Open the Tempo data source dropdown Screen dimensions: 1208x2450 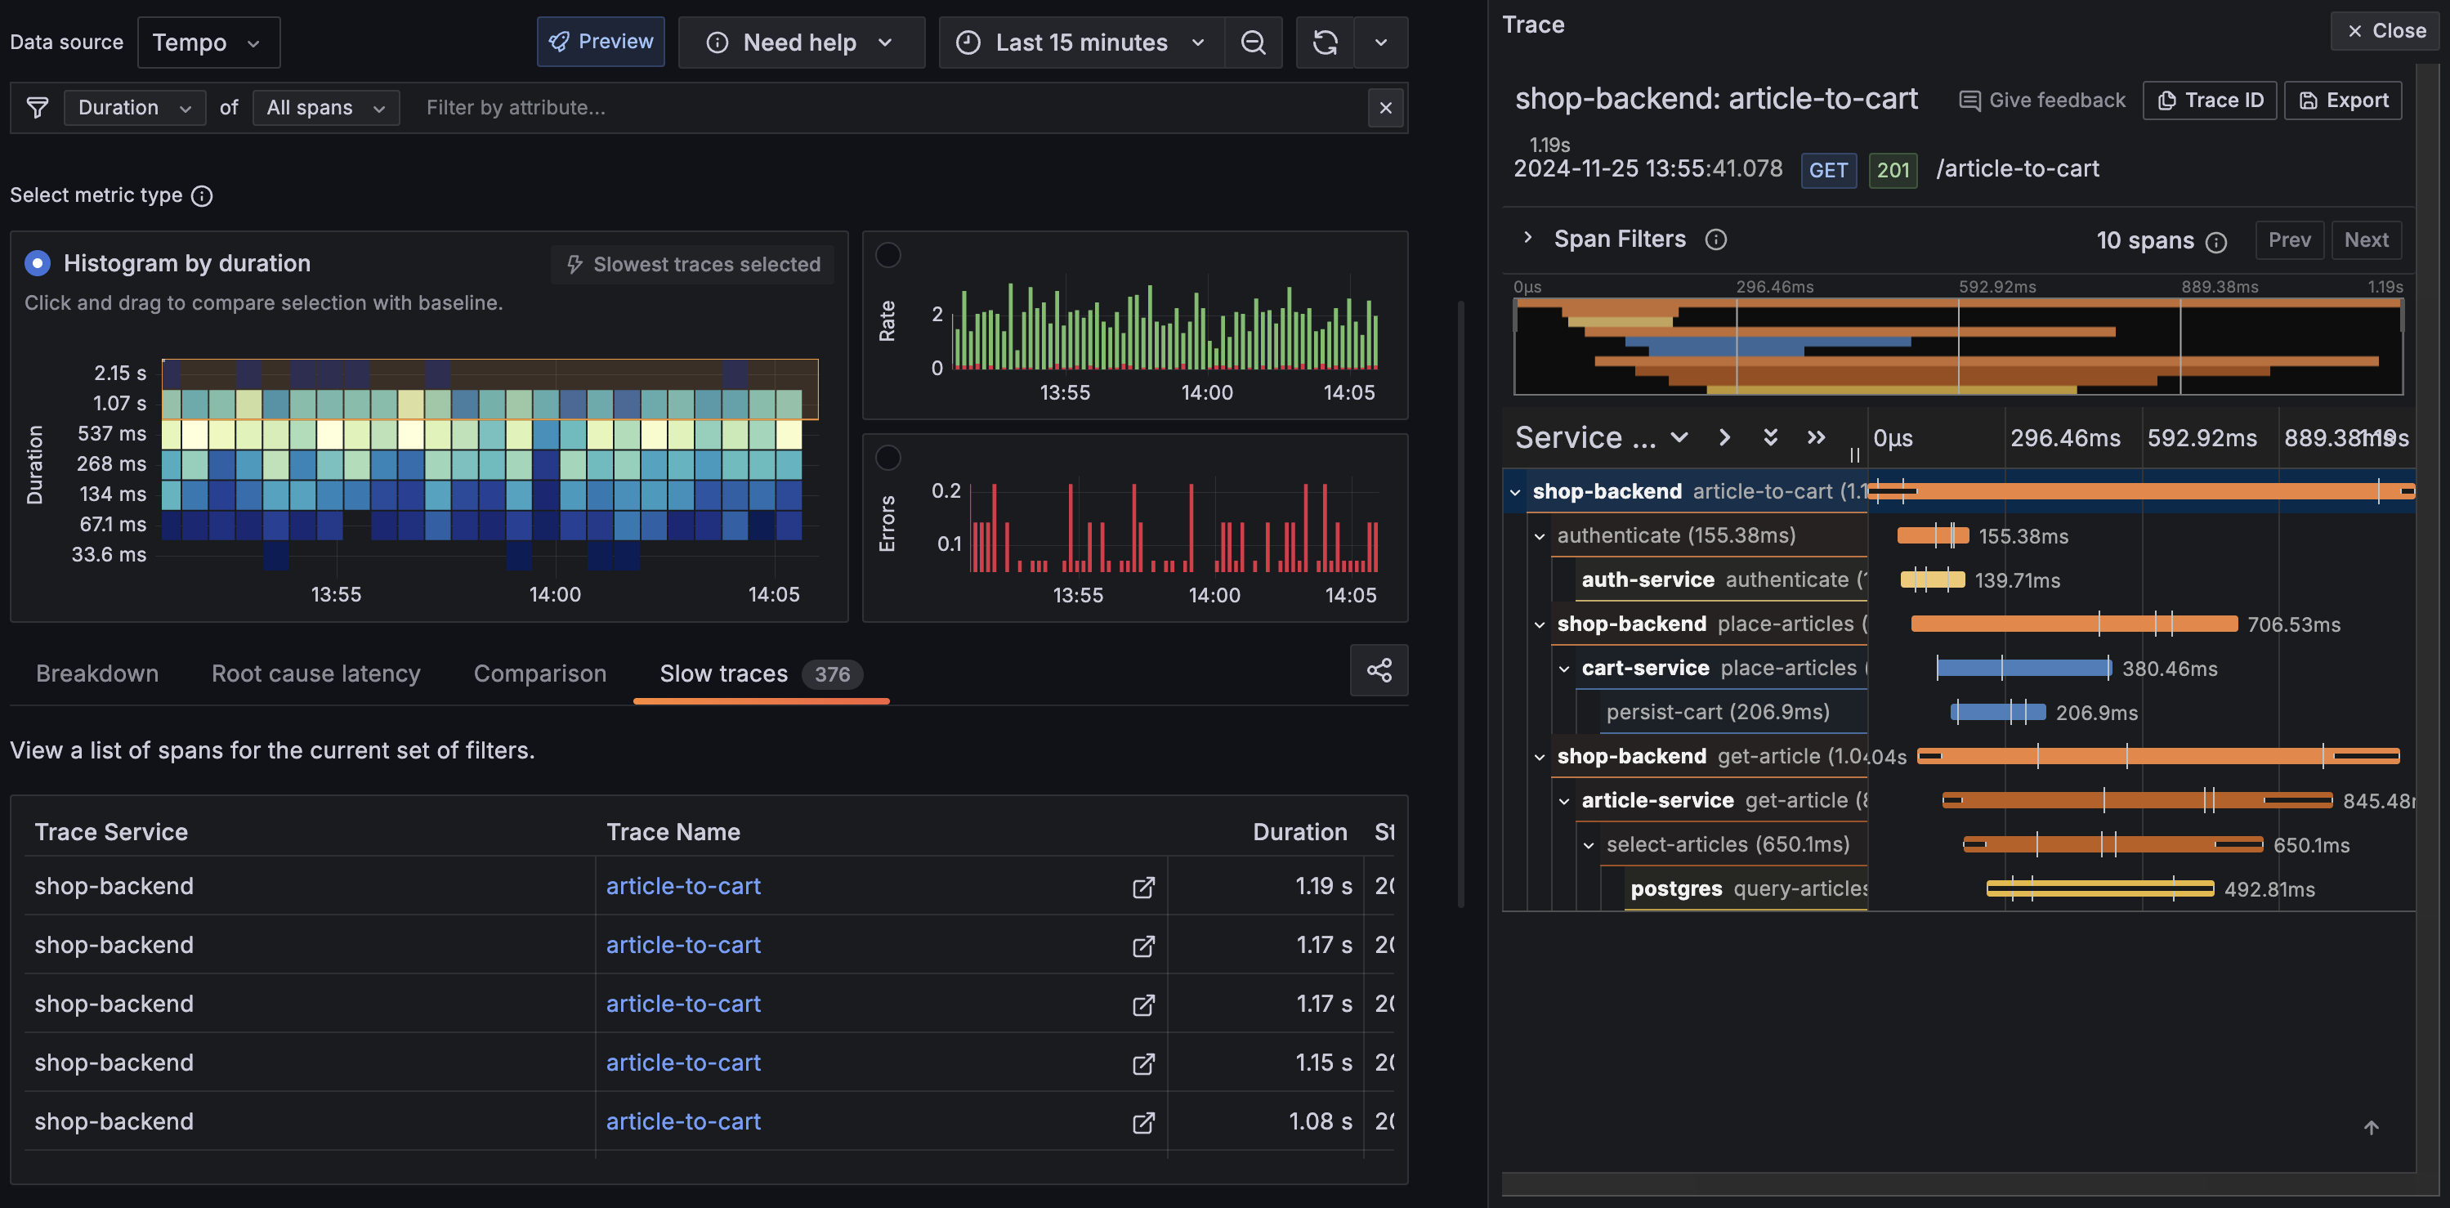coord(208,43)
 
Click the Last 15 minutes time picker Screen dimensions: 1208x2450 coord(1081,43)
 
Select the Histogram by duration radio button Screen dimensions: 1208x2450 coord(37,263)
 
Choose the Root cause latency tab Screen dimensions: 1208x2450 coord(315,673)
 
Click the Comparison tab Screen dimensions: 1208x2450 coord(539,673)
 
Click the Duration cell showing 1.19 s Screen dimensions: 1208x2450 coord(1322,885)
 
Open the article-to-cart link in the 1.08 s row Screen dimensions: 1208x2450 coord(683,1121)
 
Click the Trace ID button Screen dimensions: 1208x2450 coord(2210,101)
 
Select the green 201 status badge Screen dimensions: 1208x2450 coord(1892,170)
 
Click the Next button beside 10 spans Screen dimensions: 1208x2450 coord(2365,239)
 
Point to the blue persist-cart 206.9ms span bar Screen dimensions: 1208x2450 coord(1997,712)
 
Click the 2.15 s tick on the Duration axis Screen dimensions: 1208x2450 coord(120,373)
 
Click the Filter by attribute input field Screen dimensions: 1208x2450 coord(889,108)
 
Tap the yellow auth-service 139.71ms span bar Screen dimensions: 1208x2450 coord(1932,579)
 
